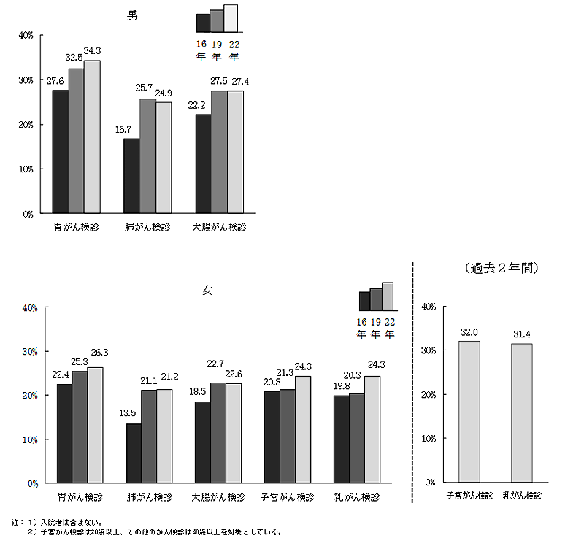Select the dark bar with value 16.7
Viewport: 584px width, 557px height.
pyautogui.click(x=131, y=176)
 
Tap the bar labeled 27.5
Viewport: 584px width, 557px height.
pyautogui.click(x=218, y=152)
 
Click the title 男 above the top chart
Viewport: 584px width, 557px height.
pyautogui.click(x=132, y=16)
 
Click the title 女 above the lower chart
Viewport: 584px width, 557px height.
pyautogui.click(x=207, y=290)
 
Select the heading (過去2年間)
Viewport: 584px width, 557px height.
pyautogui.click(x=502, y=268)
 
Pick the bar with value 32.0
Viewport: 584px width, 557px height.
pyautogui.click(x=469, y=411)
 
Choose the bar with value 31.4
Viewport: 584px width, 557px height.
pyautogui.click(x=522, y=412)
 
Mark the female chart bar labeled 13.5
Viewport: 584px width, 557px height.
pyautogui.click(x=134, y=453)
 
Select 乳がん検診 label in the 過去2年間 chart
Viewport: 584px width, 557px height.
pyautogui.click(x=522, y=495)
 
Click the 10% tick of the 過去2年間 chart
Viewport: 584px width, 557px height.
pyautogui.click(x=429, y=438)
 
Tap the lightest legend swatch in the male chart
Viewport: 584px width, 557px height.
pyautogui.click(x=231, y=18)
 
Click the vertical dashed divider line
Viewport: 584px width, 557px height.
pyautogui.click(x=413, y=380)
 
